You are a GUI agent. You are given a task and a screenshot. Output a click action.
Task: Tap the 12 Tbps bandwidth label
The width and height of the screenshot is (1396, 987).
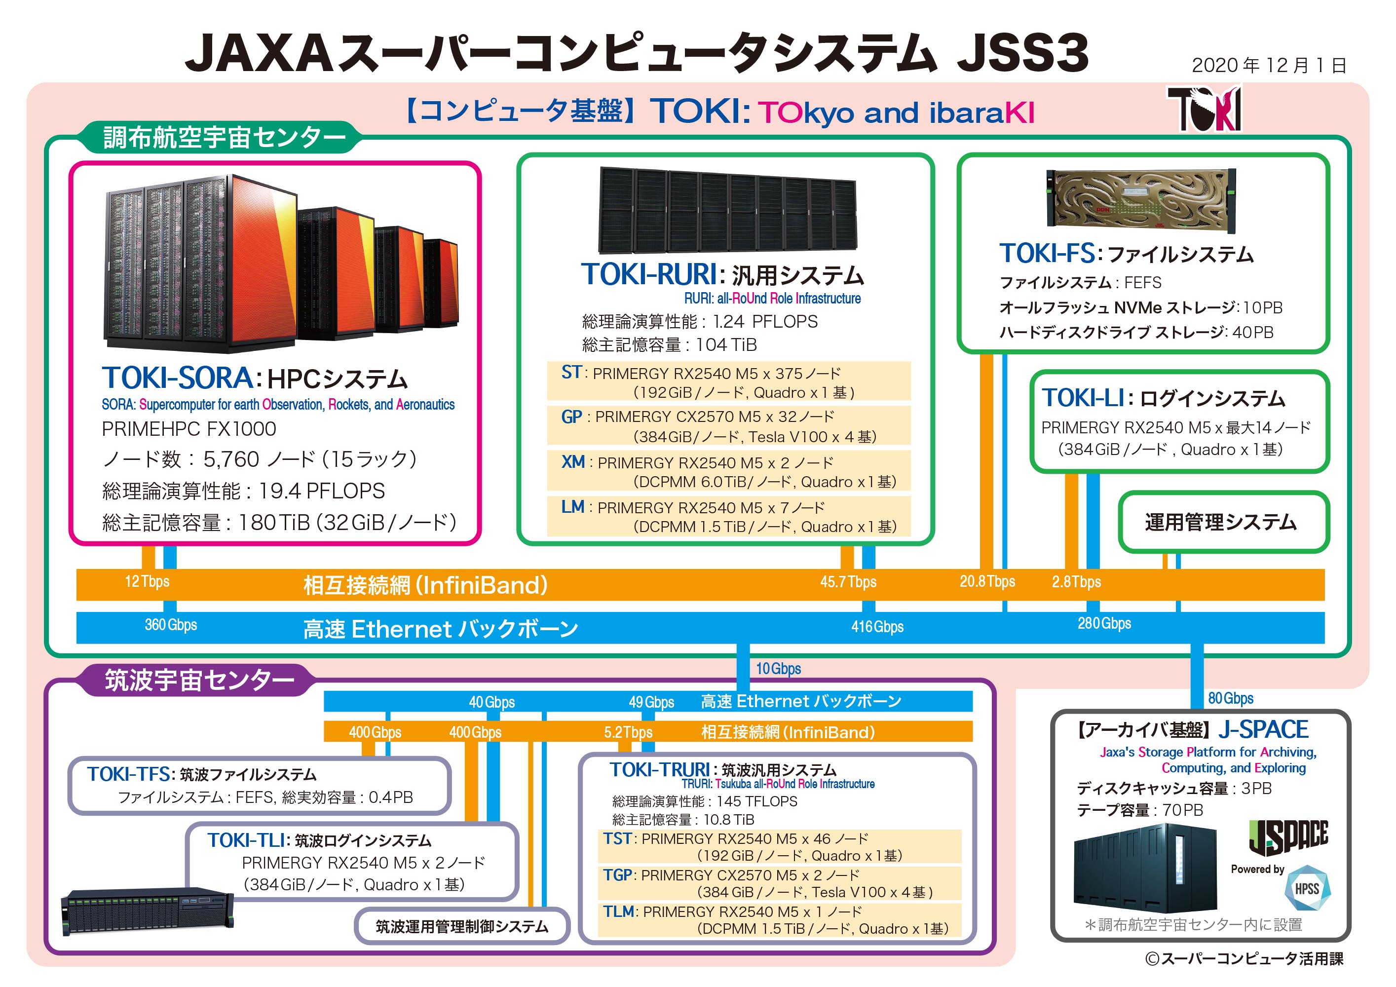(147, 581)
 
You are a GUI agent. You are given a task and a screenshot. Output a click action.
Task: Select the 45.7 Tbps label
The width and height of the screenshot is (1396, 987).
(848, 582)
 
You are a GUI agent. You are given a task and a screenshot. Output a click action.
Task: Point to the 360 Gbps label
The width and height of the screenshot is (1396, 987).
(171, 625)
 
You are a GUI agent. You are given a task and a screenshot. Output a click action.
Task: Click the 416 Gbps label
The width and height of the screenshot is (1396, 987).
(877, 626)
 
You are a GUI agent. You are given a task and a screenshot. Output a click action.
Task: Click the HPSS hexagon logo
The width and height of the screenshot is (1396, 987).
(1307, 888)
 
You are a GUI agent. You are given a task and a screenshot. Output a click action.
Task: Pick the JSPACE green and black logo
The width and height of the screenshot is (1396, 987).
(1288, 837)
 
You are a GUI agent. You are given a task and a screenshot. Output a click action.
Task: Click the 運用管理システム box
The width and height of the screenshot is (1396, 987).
(1223, 522)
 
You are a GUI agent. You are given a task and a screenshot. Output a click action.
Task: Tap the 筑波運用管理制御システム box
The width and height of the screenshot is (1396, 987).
(461, 926)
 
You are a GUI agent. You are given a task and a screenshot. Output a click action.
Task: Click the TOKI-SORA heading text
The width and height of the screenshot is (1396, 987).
(178, 378)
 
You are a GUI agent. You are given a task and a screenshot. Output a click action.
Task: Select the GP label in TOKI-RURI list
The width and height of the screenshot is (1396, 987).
(571, 417)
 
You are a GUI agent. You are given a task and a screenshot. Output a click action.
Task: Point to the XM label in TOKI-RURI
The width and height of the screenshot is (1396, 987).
(573, 462)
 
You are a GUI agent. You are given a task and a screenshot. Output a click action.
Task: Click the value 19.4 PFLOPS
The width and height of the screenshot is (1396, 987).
(322, 491)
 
